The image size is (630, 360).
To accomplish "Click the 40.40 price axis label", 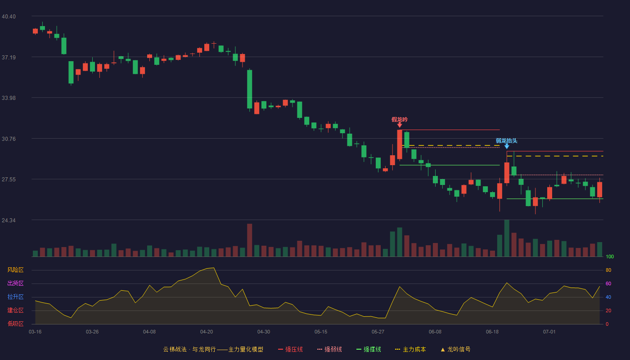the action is pyautogui.click(x=9, y=17).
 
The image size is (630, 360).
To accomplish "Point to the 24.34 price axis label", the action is pyautogui.click(x=9, y=220).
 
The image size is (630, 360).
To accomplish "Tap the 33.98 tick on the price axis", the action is pyautogui.click(x=9, y=98).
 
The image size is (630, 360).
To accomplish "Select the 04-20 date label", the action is pyautogui.click(x=207, y=332).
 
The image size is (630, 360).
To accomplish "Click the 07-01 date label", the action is pyautogui.click(x=549, y=332).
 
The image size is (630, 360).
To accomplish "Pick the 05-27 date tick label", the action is pyautogui.click(x=378, y=332).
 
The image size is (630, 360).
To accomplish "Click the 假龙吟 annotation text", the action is pyautogui.click(x=400, y=120).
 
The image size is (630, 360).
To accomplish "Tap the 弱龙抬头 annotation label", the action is pyautogui.click(x=506, y=140).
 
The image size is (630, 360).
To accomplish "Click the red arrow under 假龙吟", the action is pyautogui.click(x=400, y=125).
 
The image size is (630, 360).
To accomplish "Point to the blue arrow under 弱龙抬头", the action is pyautogui.click(x=507, y=146).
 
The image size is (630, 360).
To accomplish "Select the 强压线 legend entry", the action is pyautogui.click(x=290, y=349).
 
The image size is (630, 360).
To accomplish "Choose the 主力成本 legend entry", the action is pyautogui.click(x=410, y=349).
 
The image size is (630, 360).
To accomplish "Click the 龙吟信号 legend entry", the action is pyautogui.click(x=455, y=349).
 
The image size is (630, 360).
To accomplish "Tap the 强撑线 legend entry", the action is pyautogui.click(x=369, y=349).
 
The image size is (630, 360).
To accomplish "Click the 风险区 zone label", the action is pyautogui.click(x=15, y=270).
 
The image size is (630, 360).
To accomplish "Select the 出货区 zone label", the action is pyautogui.click(x=15, y=283).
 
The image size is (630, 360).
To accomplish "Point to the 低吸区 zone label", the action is pyautogui.click(x=15, y=324).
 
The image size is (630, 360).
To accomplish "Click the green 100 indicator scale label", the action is pyautogui.click(x=610, y=256).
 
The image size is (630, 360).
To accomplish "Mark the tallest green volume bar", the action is pyautogui.click(x=507, y=238).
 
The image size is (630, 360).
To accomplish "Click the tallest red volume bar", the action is pyautogui.click(x=249, y=240).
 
